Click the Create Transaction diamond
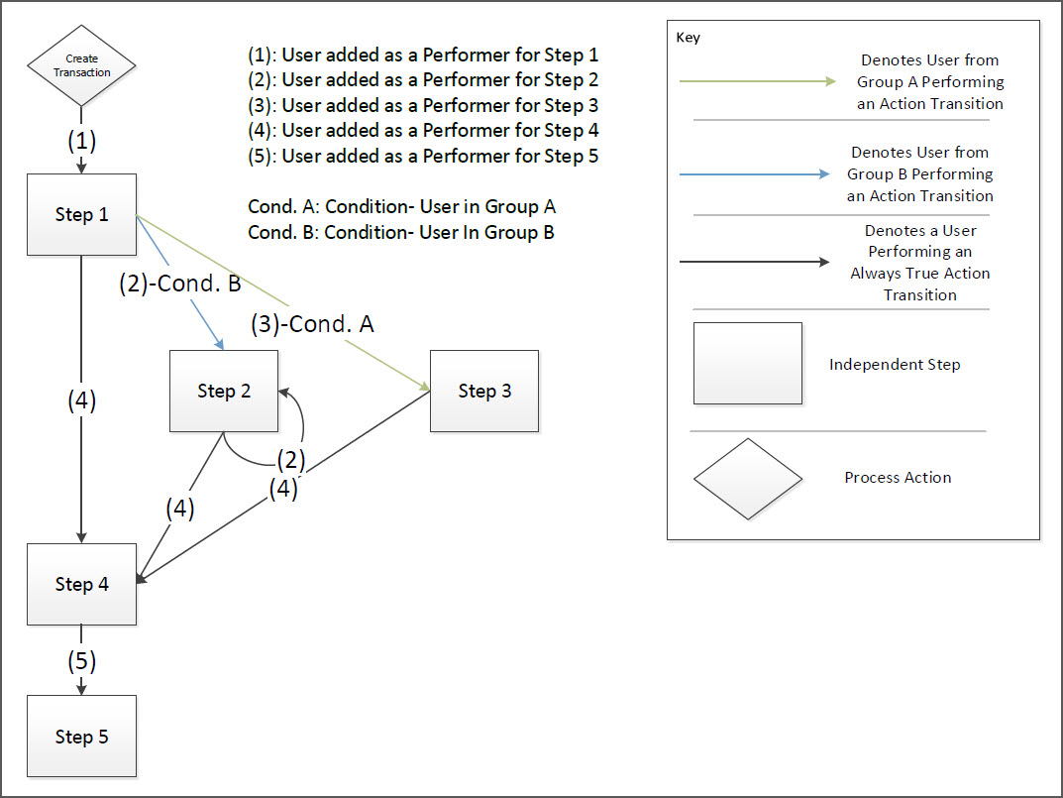point(81,65)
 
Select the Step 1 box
point(81,214)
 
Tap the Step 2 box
point(224,391)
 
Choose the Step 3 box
point(484,391)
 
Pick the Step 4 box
point(81,584)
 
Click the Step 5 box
point(81,737)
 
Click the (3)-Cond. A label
point(312,323)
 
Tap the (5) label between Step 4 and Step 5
point(81,660)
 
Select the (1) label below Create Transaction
point(81,141)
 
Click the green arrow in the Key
point(758,81)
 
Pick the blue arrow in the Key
point(754,173)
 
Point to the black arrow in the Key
point(754,263)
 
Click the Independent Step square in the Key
point(748,363)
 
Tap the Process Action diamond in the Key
point(748,479)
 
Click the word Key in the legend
point(688,38)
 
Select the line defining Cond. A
point(401,207)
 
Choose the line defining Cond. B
point(400,233)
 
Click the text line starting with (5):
point(423,156)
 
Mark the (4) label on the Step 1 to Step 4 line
point(81,401)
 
